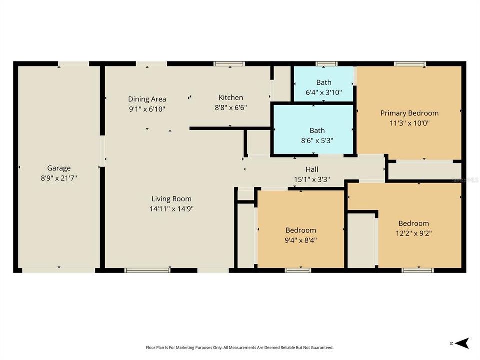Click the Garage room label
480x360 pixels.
59,168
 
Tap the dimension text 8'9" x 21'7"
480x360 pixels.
59,177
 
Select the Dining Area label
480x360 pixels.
147,99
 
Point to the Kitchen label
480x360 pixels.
231,98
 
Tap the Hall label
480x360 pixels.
312,170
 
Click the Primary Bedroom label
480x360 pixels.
409,113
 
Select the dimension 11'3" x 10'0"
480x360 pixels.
409,123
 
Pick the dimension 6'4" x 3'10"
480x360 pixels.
324,92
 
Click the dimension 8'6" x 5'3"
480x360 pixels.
313,140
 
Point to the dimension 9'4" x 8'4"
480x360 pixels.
301,240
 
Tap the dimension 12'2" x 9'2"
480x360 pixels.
413,233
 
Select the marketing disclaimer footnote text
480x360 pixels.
239,347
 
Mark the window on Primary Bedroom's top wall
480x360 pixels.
409,64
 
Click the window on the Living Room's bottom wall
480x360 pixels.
140,270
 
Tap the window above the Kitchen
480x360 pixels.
229,64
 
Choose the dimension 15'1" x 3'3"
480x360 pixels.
312,179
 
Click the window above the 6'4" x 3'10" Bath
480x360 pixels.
326,64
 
